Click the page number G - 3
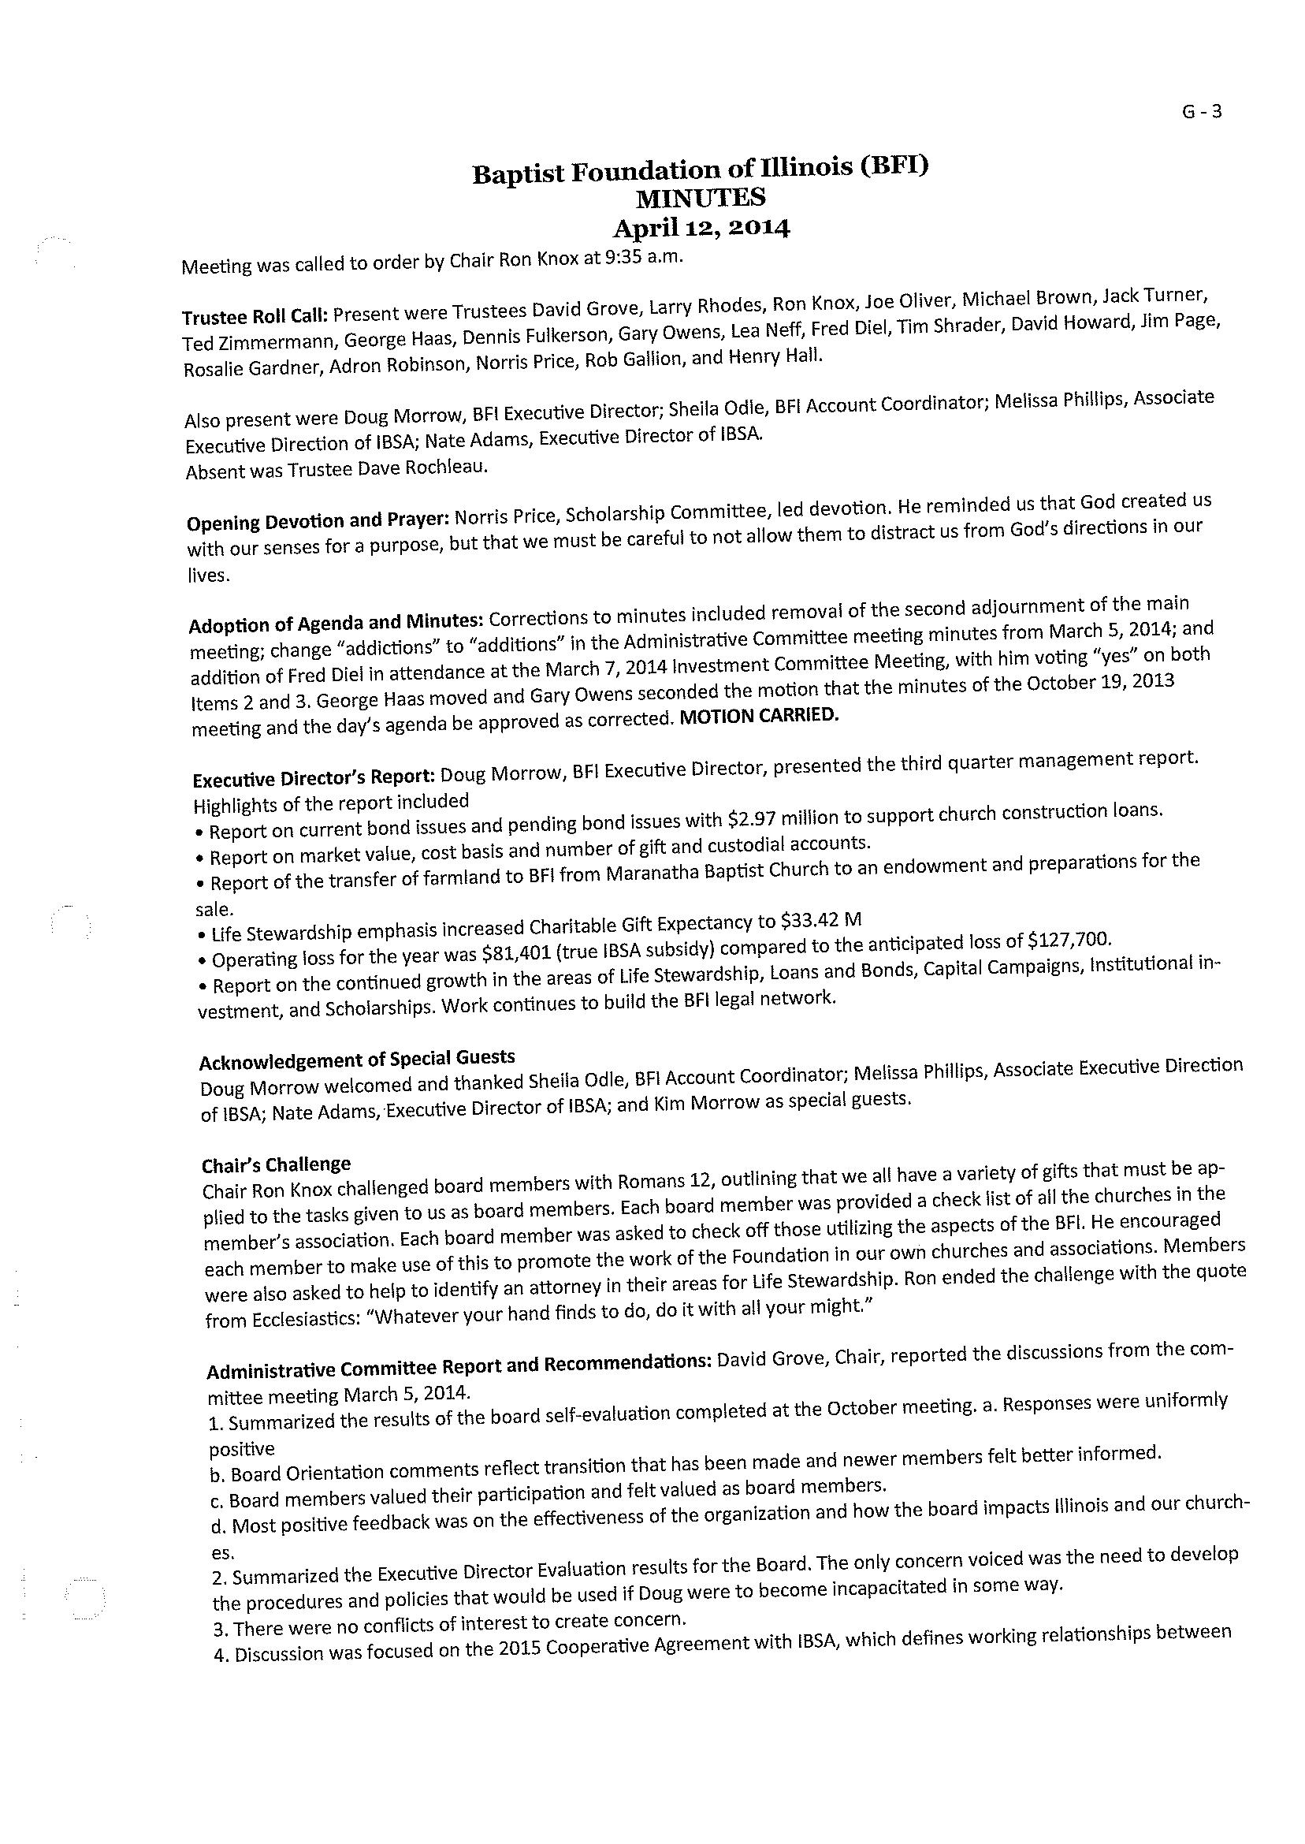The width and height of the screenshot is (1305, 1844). coord(1201,113)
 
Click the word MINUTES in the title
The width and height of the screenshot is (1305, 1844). coord(700,197)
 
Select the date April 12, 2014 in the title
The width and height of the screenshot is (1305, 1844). coord(701,229)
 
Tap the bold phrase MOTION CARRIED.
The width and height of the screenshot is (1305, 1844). coord(759,716)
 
